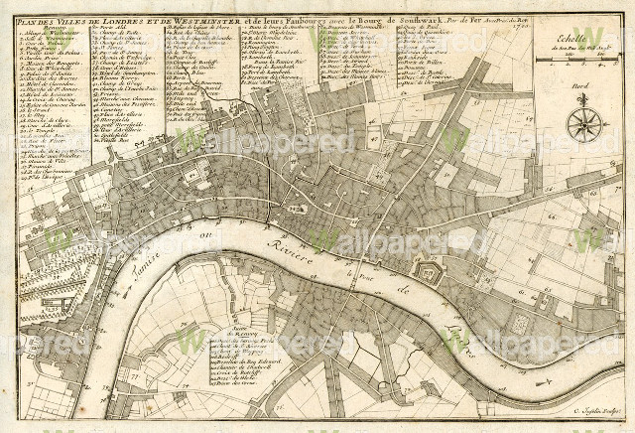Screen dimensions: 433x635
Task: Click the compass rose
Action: point(585,124)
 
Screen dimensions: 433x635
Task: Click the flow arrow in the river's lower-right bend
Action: point(543,381)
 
